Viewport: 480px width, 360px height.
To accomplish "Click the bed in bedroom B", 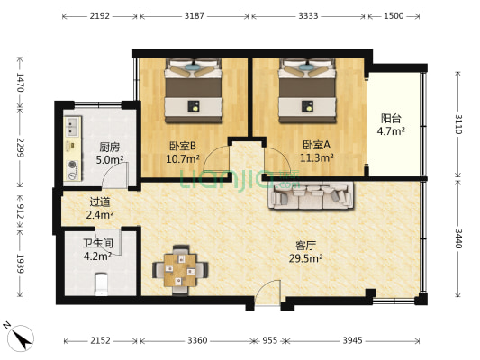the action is point(193,91).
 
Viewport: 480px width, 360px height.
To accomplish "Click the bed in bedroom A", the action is point(307,91).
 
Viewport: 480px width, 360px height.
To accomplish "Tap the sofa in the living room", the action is point(311,196).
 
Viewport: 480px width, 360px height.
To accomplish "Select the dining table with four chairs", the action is point(180,270).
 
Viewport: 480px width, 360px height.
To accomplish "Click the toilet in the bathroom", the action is point(102,284).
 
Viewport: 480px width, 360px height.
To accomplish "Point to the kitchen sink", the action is point(73,127).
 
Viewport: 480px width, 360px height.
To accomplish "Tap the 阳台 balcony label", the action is point(391,118).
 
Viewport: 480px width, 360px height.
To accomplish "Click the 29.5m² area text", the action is point(305,259).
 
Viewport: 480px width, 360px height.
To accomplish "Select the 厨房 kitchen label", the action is point(110,148).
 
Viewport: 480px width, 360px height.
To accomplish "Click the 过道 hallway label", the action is point(100,202).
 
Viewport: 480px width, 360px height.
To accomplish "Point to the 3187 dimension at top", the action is point(195,15).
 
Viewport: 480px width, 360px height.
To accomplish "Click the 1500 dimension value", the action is point(394,15).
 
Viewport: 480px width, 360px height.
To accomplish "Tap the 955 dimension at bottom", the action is point(269,340).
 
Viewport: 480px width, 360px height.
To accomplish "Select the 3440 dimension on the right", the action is point(458,238).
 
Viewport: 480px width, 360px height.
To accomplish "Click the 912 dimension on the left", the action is point(20,211).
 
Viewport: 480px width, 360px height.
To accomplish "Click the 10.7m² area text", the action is point(183,159).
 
